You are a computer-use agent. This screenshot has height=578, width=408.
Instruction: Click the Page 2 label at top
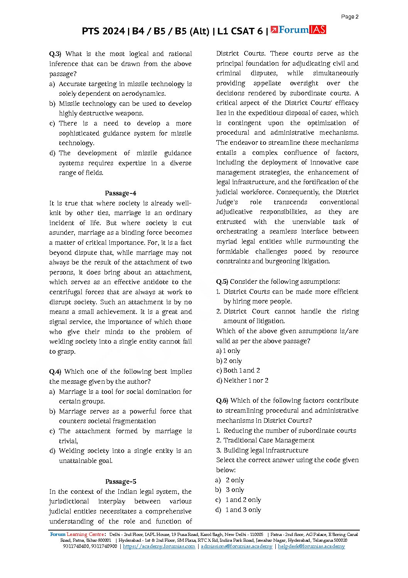point(350,17)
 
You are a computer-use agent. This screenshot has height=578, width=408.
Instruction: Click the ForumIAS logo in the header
point(298,30)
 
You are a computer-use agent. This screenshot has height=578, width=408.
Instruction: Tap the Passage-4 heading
point(120,193)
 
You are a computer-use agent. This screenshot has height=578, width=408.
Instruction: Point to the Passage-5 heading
point(120,481)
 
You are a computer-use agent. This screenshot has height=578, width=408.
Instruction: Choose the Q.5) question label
point(222,281)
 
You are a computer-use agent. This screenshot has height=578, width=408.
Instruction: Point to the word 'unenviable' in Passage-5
point(308,222)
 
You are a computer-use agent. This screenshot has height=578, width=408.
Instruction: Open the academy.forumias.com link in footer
point(159,546)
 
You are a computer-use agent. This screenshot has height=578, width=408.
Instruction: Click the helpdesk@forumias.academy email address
point(311,546)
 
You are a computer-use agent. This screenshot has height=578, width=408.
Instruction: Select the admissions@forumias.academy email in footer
point(236,546)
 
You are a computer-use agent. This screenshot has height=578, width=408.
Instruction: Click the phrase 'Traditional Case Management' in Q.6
point(269,440)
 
